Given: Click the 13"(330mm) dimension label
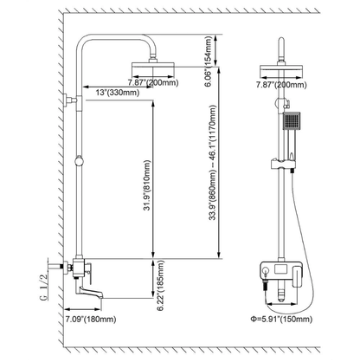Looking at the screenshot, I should (114, 93).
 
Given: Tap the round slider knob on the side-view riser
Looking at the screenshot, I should (80, 160).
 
